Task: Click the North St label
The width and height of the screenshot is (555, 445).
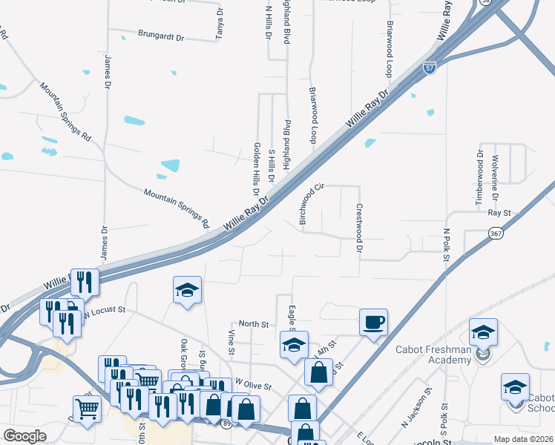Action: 253,324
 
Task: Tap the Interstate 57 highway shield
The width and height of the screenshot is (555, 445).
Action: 430,67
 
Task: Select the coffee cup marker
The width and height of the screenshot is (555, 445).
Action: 373,323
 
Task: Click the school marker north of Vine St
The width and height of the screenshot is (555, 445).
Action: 188,290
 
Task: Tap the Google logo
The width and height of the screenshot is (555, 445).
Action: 25,436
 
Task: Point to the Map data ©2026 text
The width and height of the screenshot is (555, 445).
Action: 523,439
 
